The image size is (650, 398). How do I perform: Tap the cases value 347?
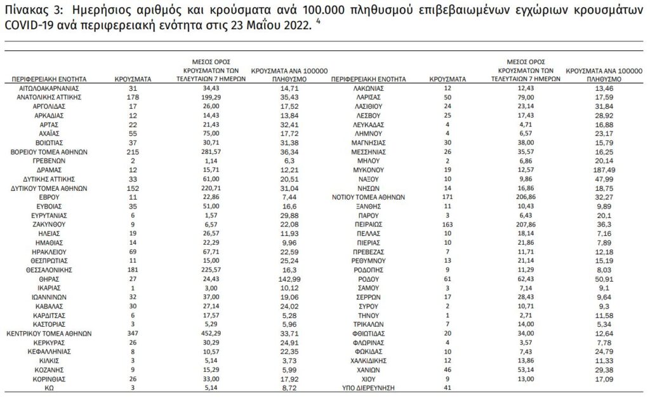click(x=133, y=333)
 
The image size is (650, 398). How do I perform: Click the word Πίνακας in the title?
click(x=26, y=11)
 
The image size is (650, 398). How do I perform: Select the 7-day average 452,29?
click(x=206, y=333)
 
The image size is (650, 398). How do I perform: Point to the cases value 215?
click(x=133, y=153)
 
